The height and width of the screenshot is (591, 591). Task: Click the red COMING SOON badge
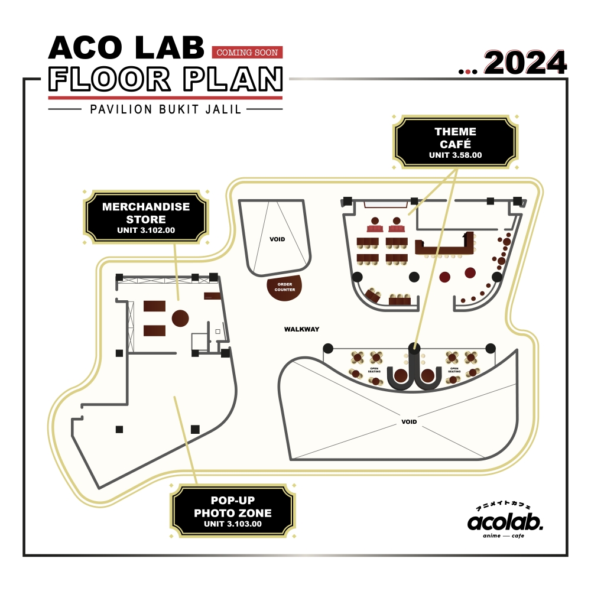tap(247, 53)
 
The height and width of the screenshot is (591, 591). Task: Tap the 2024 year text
tap(525, 62)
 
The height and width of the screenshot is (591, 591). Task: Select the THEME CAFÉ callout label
tap(455, 137)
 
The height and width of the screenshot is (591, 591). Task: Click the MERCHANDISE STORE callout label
tap(146, 213)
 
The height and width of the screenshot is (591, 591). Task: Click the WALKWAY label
tap(301, 329)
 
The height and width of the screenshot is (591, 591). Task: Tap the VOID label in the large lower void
tap(409, 422)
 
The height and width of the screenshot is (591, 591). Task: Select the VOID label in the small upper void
tap(277, 239)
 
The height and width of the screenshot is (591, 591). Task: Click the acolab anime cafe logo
tap(505, 521)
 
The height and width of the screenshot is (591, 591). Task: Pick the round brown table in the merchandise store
tap(180, 318)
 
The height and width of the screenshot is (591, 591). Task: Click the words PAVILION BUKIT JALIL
tap(165, 109)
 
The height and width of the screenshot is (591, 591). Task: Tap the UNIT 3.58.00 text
tap(455, 155)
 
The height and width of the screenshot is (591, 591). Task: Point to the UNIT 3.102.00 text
tap(146, 230)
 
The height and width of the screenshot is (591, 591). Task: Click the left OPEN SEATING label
tap(374, 369)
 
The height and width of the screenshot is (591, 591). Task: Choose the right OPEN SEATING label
tap(454, 369)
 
